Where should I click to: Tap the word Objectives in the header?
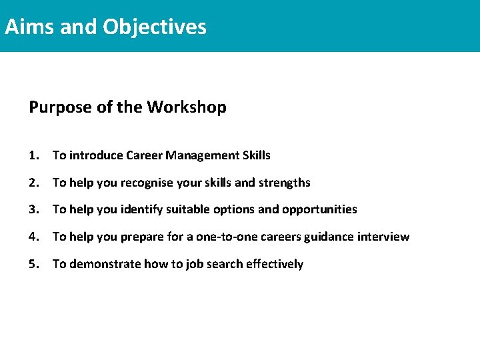pos(154,27)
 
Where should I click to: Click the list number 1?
pos(33,155)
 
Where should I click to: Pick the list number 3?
pos(33,209)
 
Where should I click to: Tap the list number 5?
pos(33,264)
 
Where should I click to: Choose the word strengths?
pos(285,183)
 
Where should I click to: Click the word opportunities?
pos(319,210)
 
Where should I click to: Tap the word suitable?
pos(189,209)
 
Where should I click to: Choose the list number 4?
pos(33,237)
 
